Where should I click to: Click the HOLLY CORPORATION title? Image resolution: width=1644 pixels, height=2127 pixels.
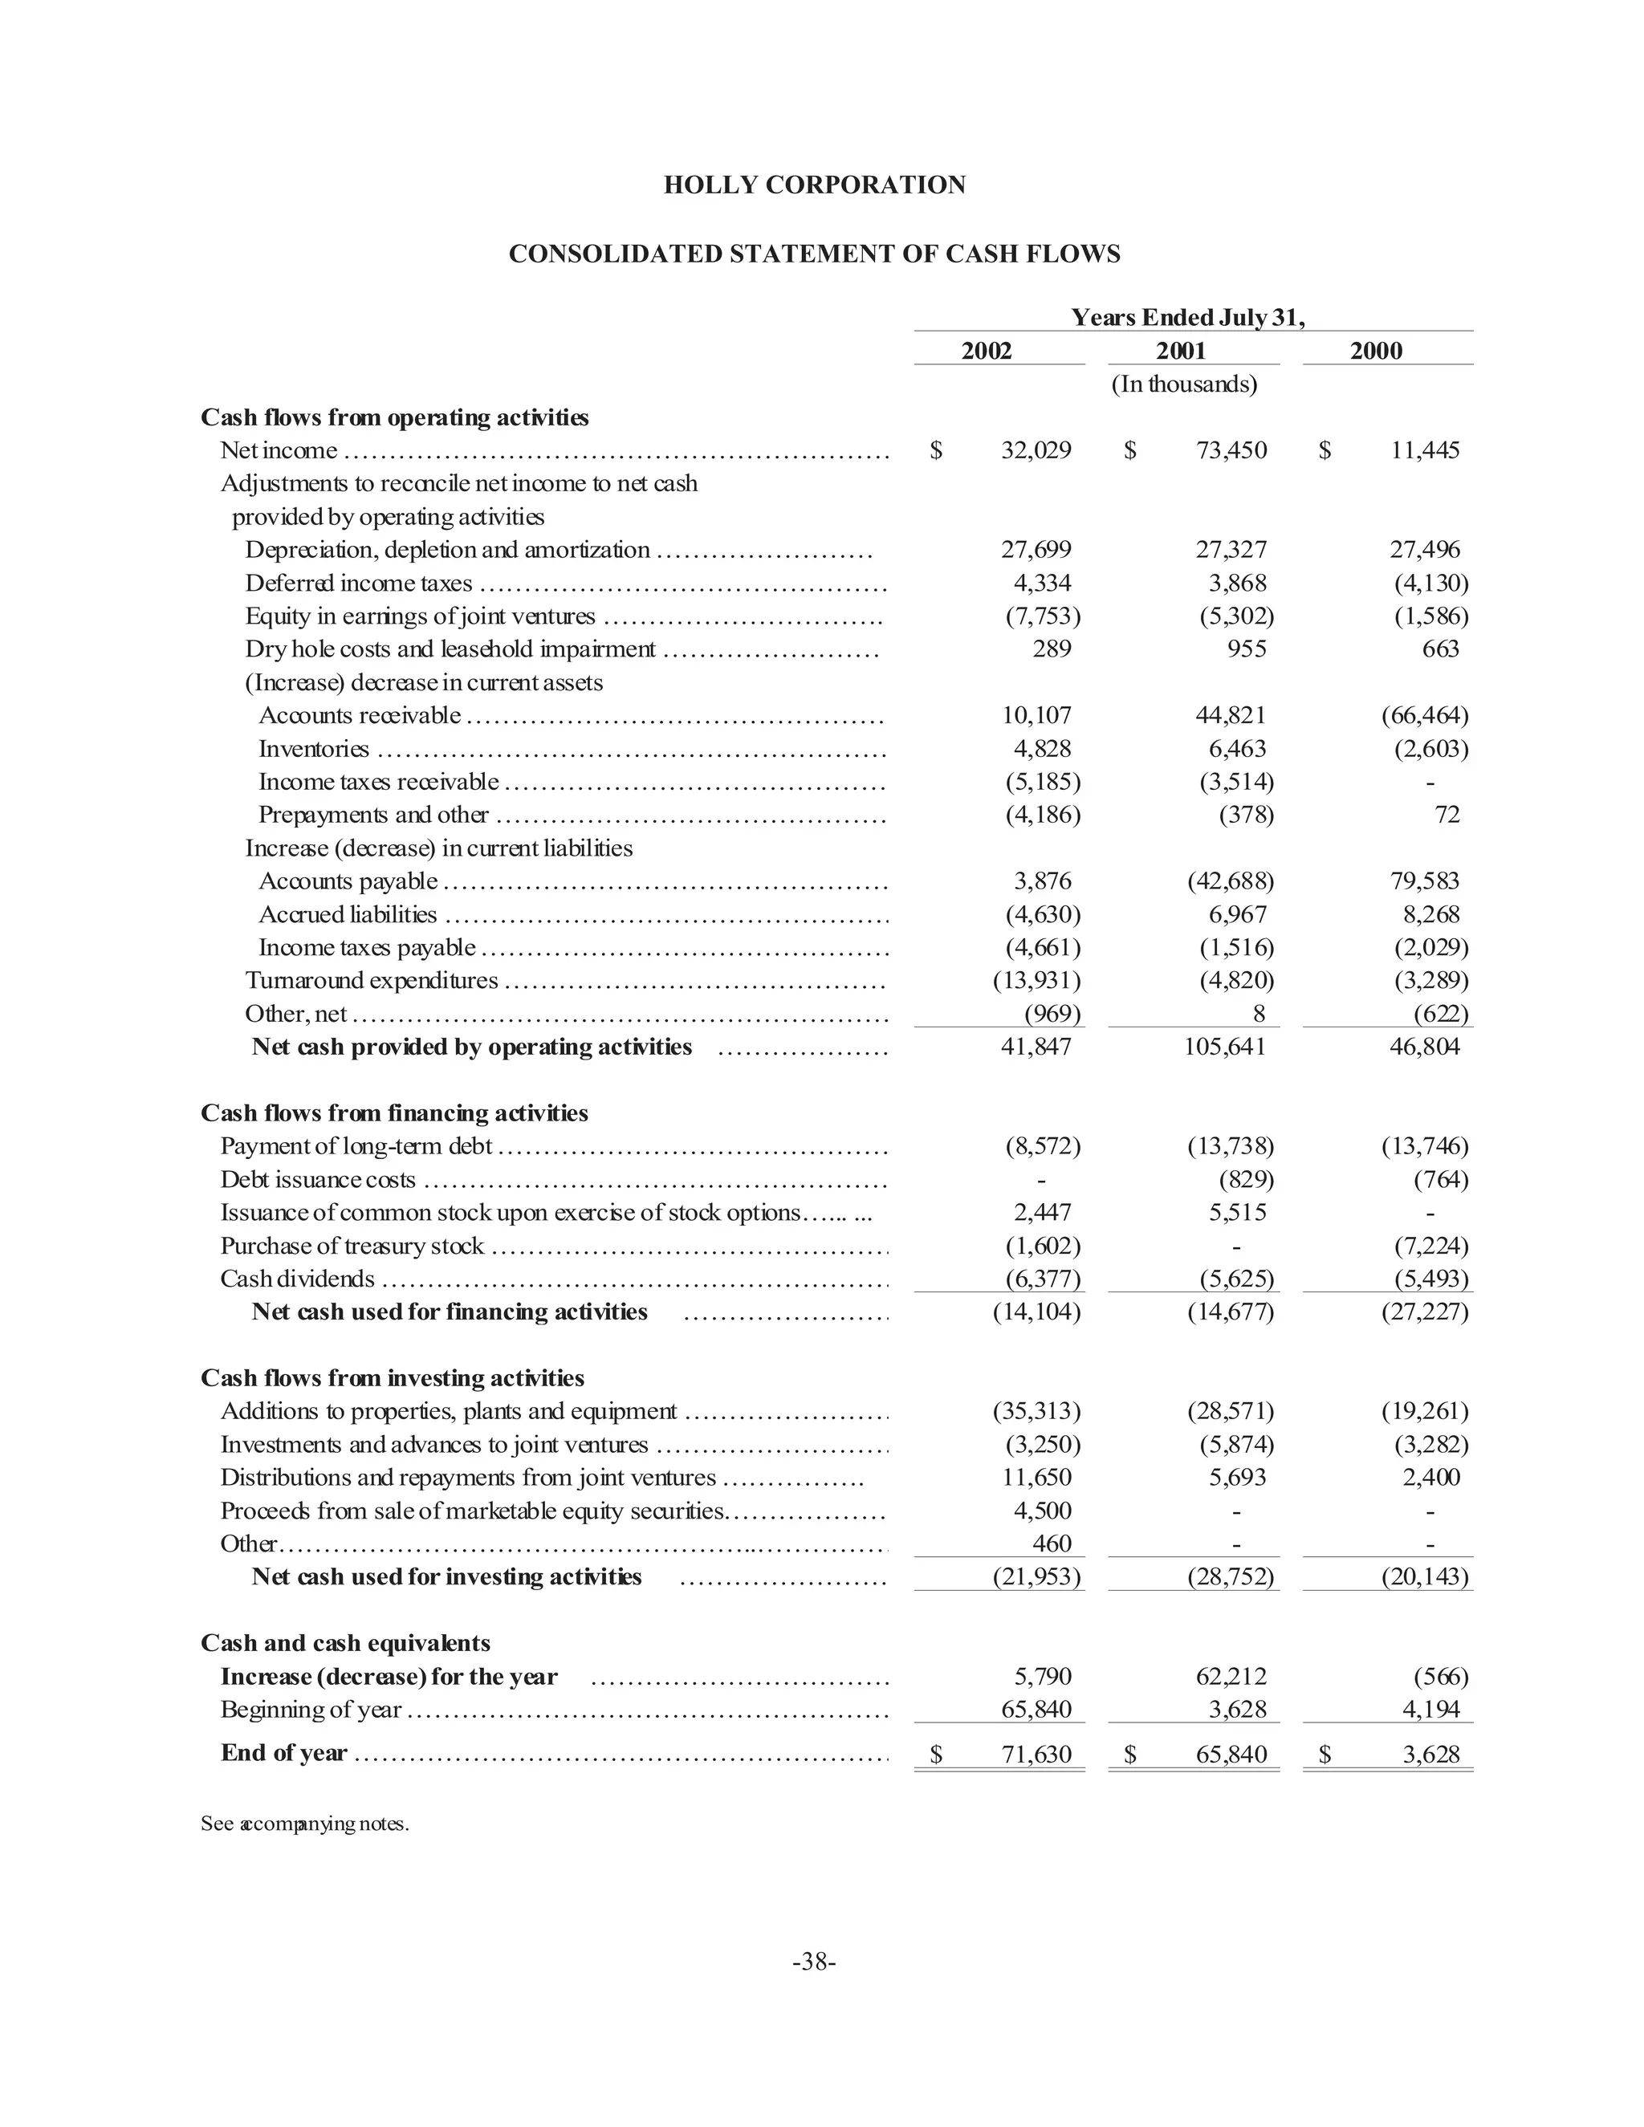[814, 185]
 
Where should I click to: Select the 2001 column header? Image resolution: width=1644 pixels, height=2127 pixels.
[1180, 352]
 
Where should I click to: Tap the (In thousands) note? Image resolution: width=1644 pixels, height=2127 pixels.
[1183, 384]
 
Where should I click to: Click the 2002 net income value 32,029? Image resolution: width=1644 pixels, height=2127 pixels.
[1036, 450]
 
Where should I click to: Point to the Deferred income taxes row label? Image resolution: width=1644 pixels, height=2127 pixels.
[358, 584]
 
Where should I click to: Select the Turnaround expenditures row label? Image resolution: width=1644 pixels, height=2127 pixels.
[371, 981]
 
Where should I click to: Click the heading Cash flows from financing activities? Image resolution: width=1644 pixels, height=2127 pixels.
[394, 1113]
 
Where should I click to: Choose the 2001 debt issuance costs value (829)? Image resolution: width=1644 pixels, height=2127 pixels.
[1246, 1179]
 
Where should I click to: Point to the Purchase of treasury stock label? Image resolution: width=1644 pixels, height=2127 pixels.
[352, 1246]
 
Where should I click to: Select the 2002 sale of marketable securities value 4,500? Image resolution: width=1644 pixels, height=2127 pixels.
[1042, 1511]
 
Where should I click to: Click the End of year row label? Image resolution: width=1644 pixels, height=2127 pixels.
[283, 1753]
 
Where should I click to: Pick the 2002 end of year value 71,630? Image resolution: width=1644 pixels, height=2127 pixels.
[1036, 1754]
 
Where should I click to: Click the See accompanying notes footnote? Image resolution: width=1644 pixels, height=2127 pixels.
[305, 1823]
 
